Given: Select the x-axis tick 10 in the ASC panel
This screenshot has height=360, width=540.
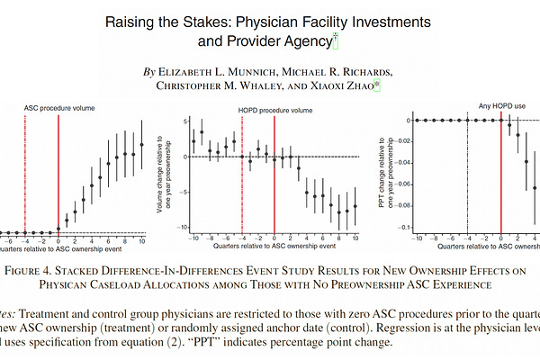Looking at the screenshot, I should pos(141,240).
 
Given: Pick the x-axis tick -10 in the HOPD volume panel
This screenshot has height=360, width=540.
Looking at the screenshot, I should pos(192,237).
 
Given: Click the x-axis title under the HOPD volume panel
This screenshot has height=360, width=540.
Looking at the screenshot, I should pos(274,247).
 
